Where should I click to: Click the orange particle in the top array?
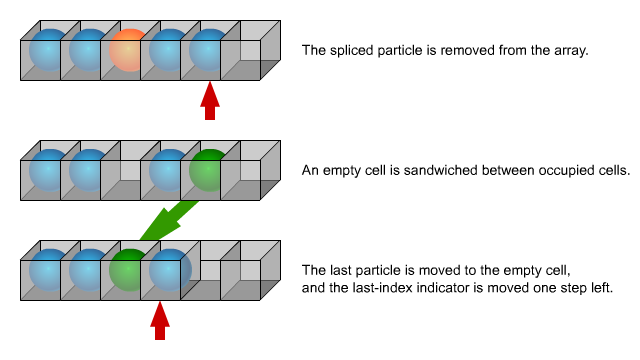coord(129,50)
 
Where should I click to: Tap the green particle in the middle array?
coord(209,170)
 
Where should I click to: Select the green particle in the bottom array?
coord(129,270)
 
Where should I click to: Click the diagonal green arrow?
coord(168,221)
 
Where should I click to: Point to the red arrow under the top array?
coord(210,101)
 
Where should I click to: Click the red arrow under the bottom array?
coord(160,321)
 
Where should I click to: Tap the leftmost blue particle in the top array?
coord(49,50)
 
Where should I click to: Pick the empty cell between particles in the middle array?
coord(121,170)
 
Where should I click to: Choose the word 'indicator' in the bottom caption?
coord(501,288)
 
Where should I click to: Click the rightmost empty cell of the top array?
coord(251,50)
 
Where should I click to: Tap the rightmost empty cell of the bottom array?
coord(251,270)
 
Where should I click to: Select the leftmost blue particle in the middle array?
coord(49,170)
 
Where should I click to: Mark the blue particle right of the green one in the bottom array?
coord(170,270)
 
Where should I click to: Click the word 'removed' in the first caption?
coord(467,51)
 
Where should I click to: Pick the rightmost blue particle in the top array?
coord(209,50)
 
